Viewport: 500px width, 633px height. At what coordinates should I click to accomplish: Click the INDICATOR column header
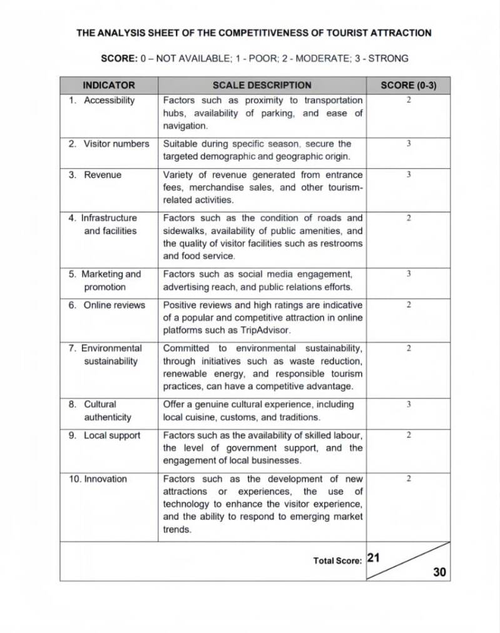click(109, 85)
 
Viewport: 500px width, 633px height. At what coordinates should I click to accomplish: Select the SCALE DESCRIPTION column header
click(262, 85)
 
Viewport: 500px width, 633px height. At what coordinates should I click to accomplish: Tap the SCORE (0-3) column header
click(408, 85)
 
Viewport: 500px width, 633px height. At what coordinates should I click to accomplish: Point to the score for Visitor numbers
click(408, 144)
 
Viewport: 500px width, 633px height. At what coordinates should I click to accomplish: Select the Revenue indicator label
click(103, 175)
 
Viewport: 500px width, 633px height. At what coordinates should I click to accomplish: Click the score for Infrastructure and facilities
click(408, 218)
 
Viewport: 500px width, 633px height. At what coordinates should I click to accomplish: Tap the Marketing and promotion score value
click(408, 274)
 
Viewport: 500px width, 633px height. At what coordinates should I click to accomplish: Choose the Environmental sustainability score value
click(408, 348)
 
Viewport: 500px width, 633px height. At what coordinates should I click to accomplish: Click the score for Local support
click(408, 435)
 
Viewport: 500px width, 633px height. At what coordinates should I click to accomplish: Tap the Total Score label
click(337, 561)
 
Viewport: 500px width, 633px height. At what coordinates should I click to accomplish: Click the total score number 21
click(374, 557)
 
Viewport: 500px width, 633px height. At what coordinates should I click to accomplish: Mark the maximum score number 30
click(439, 572)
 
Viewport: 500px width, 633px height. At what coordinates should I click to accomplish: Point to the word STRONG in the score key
click(388, 58)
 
